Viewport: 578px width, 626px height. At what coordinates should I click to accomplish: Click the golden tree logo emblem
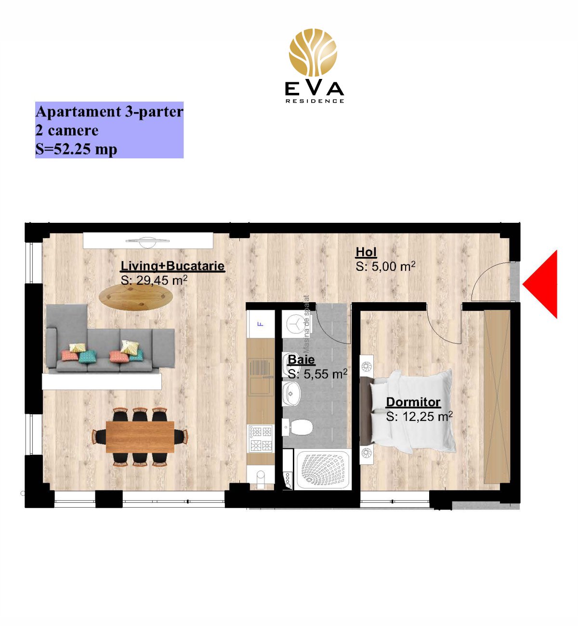point(313,52)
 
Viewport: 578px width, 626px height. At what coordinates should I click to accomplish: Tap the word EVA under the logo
point(314,89)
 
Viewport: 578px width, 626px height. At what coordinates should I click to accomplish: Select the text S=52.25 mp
point(76,149)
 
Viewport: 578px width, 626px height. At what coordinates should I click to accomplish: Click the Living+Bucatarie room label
point(172,266)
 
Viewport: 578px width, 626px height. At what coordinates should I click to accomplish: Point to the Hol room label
point(366,252)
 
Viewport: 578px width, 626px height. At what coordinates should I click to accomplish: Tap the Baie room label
point(301,359)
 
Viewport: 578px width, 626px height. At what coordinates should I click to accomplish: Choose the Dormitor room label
point(413,402)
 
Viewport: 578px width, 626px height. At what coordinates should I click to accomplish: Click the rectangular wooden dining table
point(140,436)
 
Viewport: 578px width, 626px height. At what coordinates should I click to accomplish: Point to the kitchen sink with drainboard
point(261,377)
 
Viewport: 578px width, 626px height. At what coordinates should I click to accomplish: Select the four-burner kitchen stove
point(261,439)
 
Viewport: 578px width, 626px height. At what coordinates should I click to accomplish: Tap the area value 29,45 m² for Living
point(154,280)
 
